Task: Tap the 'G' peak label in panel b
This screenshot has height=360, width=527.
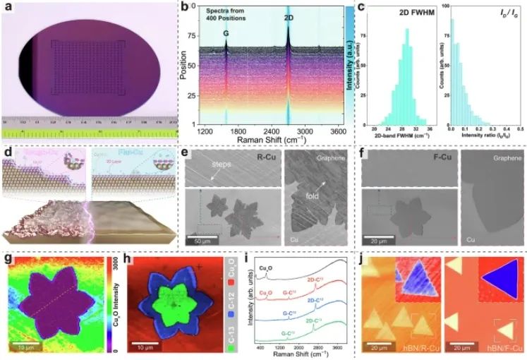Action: (226, 32)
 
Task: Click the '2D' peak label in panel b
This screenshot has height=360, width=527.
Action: (289, 16)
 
